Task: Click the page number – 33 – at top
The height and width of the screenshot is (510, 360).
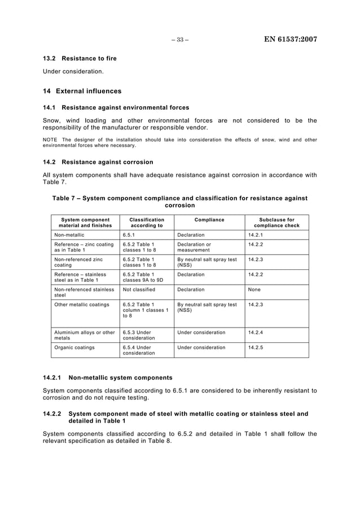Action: tap(180, 40)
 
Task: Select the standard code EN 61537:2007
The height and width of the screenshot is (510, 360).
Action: tap(290, 40)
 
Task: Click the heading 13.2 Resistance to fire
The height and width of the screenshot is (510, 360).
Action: tap(80, 59)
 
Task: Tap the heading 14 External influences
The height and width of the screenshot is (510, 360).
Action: tap(82, 91)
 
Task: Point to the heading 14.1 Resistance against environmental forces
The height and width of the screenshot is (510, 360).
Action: tap(116, 107)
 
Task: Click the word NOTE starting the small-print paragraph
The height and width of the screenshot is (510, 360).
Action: tap(50, 140)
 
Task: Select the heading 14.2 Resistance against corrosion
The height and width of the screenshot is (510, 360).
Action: tap(98, 162)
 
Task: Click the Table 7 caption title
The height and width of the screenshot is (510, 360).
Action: tap(180, 202)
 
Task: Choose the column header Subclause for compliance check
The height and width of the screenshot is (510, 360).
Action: tap(276, 223)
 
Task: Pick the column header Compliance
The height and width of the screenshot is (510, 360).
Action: tap(209, 220)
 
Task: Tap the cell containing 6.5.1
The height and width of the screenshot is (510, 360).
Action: tap(129, 235)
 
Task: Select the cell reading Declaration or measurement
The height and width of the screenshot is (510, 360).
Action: tap(194, 247)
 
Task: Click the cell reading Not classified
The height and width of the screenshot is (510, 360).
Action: tap(139, 289)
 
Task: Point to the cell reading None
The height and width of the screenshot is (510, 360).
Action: tap(254, 289)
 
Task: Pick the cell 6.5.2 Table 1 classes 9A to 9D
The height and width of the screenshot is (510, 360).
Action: tap(143, 277)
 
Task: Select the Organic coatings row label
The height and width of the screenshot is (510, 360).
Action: tap(74, 347)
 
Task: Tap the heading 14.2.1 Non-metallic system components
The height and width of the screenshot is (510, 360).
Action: tap(108, 377)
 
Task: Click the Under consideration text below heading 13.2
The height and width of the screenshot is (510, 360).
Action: tap(73, 71)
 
